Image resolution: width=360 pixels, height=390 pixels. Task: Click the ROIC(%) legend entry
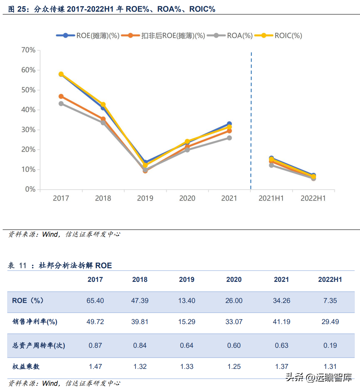[x=279, y=35]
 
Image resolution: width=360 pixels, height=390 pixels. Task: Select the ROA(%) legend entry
[x=230, y=35]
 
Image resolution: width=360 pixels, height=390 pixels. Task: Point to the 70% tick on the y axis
[x=28, y=50]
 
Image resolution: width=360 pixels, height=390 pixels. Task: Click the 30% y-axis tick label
[x=28, y=130]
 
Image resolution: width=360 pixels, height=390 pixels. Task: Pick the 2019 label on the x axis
[x=145, y=198]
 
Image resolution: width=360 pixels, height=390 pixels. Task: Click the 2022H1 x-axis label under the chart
[x=313, y=198]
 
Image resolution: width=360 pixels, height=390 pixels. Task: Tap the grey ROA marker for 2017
[x=61, y=104]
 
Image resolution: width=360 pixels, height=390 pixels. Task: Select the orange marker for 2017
[x=61, y=96]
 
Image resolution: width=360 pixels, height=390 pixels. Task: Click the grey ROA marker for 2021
[x=229, y=138]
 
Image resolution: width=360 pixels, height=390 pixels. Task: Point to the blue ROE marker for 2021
[x=229, y=124]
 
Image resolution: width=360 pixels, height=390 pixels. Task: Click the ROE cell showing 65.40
[x=95, y=301]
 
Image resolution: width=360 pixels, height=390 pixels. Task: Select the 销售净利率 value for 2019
[x=186, y=322]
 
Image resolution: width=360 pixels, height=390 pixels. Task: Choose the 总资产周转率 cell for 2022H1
[x=330, y=346]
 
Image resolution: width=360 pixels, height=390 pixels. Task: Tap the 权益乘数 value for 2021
[x=281, y=367]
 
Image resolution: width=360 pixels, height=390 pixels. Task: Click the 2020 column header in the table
[x=234, y=280]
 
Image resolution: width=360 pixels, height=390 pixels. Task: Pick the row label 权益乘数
[x=26, y=367]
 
